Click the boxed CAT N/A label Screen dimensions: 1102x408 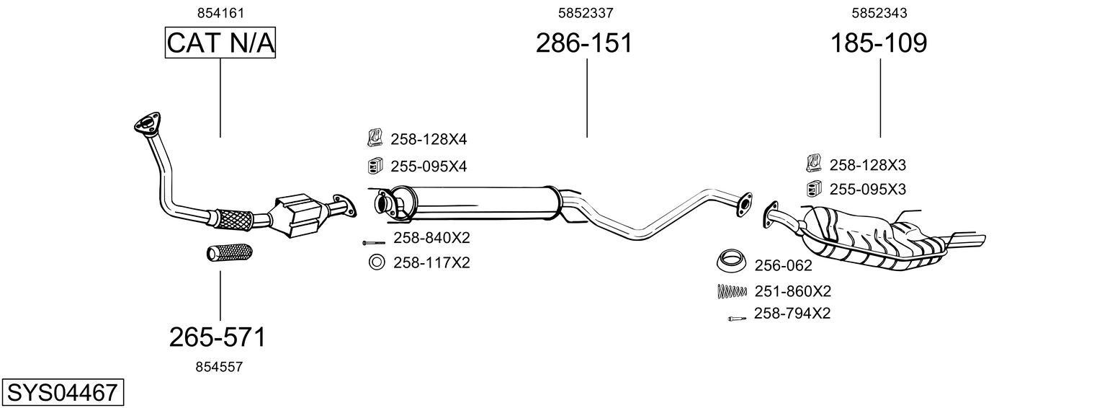[220, 43]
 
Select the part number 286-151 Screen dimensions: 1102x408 [584, 43]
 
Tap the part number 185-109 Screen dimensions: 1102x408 [879, 43]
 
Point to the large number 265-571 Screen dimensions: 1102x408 [218, 337]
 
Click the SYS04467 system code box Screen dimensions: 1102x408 [63, 392]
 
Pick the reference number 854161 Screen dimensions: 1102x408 [220, 13]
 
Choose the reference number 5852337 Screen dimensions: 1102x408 [586, 13]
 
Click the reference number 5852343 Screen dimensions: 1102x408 [879, 13]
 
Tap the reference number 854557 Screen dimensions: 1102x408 [219, 367]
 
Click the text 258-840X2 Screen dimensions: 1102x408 [431, 238]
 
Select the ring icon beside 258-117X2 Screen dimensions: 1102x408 [377, 262]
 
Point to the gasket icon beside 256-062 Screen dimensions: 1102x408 [732, 260]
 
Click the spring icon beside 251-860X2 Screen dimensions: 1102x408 [732, 291]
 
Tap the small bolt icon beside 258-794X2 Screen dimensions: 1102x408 [737, 319]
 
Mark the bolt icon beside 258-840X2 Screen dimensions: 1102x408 [374, 243]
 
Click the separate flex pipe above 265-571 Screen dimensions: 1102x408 [230, 252]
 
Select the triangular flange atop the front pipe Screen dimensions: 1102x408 [147, 123]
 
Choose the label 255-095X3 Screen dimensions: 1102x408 [867, 190]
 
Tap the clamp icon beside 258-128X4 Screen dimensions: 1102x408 [375, 138]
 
